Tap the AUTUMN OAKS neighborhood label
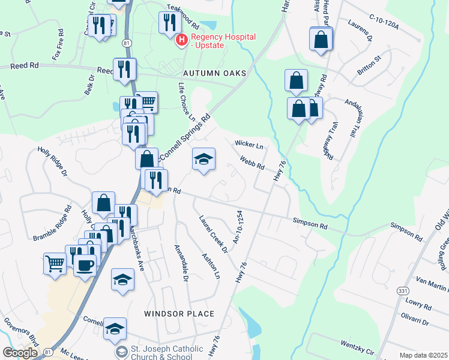tap(215, 73)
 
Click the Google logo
tap(20, 353)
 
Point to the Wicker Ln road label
tap(249, 145)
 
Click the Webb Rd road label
tap(252, 163)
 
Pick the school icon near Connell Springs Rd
tap(203, 160)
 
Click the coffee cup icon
tap(85, 264)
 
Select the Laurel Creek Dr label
tap(214, 233)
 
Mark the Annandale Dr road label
tap(181, 263)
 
